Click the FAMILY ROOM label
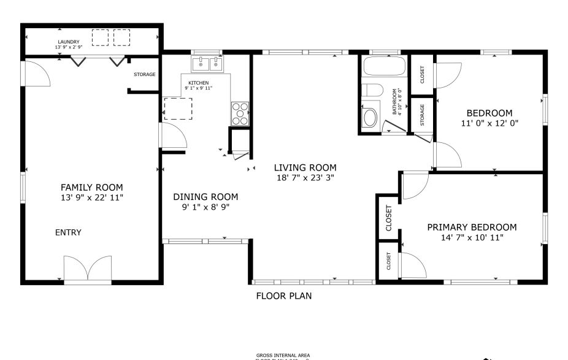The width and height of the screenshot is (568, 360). point(91,187)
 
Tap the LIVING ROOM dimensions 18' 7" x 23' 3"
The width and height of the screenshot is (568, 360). point(305,178)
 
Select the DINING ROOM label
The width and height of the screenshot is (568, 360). point(205,197)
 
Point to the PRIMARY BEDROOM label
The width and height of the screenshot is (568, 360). point(472,227)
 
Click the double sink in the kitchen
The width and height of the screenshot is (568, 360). point(207,63)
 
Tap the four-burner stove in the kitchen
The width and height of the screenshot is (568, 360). point(240,113)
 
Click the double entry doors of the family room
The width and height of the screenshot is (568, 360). point(88,270)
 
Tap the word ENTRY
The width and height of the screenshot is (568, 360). point(68,232)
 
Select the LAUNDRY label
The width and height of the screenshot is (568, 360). point(68,42)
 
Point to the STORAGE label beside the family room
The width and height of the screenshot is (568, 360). point(145,75)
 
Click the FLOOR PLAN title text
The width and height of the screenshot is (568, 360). point(283,296)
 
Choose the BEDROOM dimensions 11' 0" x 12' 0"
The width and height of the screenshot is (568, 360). point(489,123)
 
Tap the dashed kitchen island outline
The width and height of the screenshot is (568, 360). point(178,108)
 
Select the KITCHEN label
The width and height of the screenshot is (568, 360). point(198,83)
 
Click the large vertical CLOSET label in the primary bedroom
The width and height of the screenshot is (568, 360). point(388,218)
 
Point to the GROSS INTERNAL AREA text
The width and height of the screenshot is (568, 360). point(283,355)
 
